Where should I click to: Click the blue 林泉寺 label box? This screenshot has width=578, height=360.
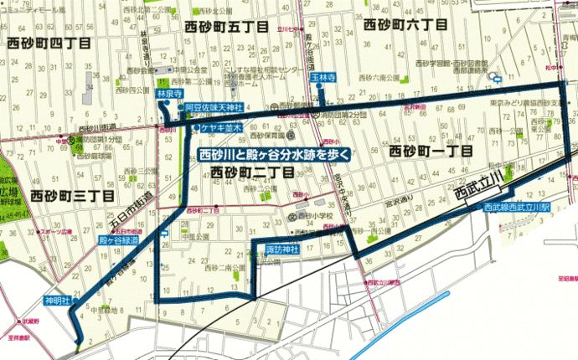point(169,95)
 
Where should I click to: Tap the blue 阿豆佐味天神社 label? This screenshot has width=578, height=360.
point(214,109)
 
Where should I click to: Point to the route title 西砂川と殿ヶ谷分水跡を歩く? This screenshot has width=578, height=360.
point(273,154)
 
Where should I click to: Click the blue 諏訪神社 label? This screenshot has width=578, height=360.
point(271,249)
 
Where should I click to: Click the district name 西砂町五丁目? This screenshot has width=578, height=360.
point(223,28)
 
